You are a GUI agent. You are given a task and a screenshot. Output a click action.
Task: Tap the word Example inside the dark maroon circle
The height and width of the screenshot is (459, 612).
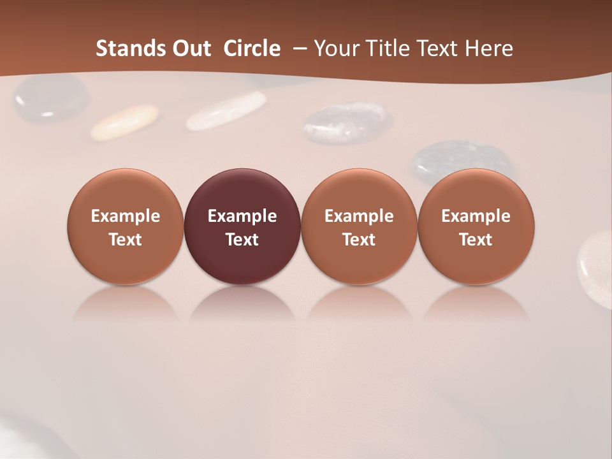click(242, 216)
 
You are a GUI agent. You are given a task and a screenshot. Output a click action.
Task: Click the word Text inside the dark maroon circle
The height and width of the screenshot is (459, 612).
click(242, 240)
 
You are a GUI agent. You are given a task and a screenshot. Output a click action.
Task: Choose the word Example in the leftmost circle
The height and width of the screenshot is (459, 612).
click(126, 216)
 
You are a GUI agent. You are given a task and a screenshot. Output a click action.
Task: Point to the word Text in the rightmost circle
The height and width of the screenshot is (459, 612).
click(476, 240)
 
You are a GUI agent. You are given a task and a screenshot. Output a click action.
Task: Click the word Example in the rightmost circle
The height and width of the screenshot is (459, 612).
click(476, 216)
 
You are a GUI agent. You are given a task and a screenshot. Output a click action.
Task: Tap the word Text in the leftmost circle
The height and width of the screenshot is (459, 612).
click(126, 240)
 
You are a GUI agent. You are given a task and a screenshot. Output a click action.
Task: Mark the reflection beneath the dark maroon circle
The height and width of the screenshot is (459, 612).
click(242, 305)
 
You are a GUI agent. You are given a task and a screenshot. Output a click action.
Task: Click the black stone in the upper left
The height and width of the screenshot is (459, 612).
click(51, 99)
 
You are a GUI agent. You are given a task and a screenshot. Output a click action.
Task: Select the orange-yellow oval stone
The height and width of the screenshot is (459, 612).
click(124, 122)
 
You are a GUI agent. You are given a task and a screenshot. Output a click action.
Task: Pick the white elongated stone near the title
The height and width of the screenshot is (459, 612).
click(226, 111)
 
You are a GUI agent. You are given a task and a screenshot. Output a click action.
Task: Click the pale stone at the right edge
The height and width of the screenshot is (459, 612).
click(596, 261)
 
